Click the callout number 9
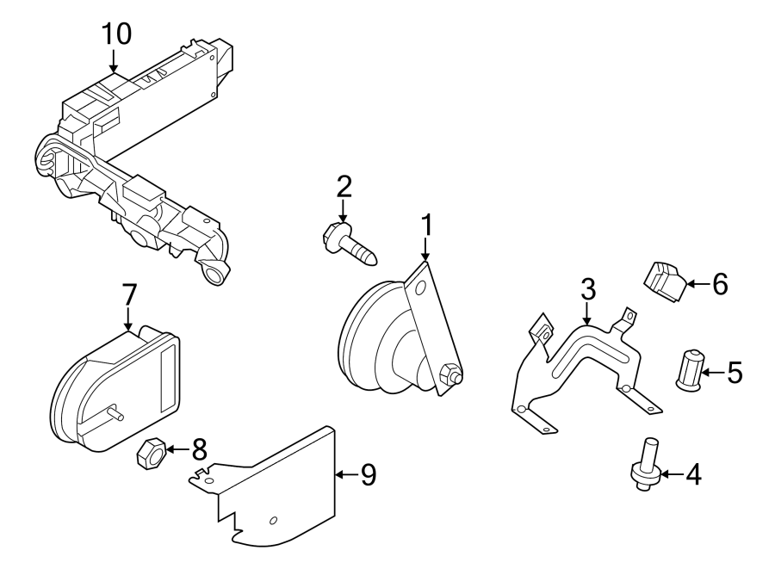(368, 475)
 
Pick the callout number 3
(587, 289)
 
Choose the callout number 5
(734, 372)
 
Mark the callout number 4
(691, 474)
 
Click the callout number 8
(199, 449)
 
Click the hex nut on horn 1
(449, 374)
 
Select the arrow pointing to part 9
(344, 474)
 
